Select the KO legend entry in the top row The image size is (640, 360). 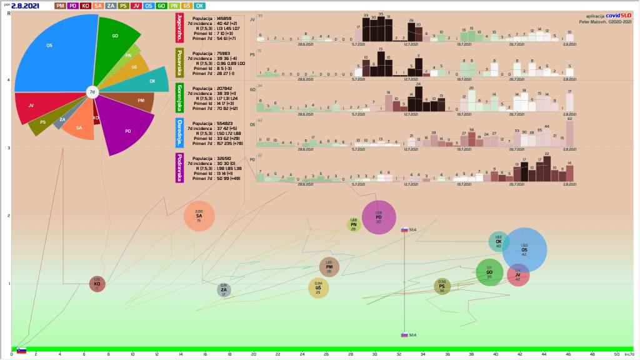(x=86, y=6)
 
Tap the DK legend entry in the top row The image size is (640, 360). (x=199, y=6)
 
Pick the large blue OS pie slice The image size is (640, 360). (x=53, y=50)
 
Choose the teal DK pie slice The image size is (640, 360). (x=150, y=81)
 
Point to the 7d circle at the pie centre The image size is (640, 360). (x=92, y=92)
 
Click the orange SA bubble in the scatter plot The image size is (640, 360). (x=199, y=216)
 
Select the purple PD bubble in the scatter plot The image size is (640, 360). (x=379, y=217)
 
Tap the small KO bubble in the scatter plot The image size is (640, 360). (x=97, y=283)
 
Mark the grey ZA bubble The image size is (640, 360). (x=224, y=289)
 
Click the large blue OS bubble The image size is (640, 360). (x=524, y=250)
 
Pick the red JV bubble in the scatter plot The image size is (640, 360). (x=518, y=275)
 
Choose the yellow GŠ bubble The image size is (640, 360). (x=319, y=287)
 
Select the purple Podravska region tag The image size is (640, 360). (x=180, y=166)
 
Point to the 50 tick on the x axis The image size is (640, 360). (x=616, y=354)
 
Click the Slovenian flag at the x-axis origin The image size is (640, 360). (x=21, y=351)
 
